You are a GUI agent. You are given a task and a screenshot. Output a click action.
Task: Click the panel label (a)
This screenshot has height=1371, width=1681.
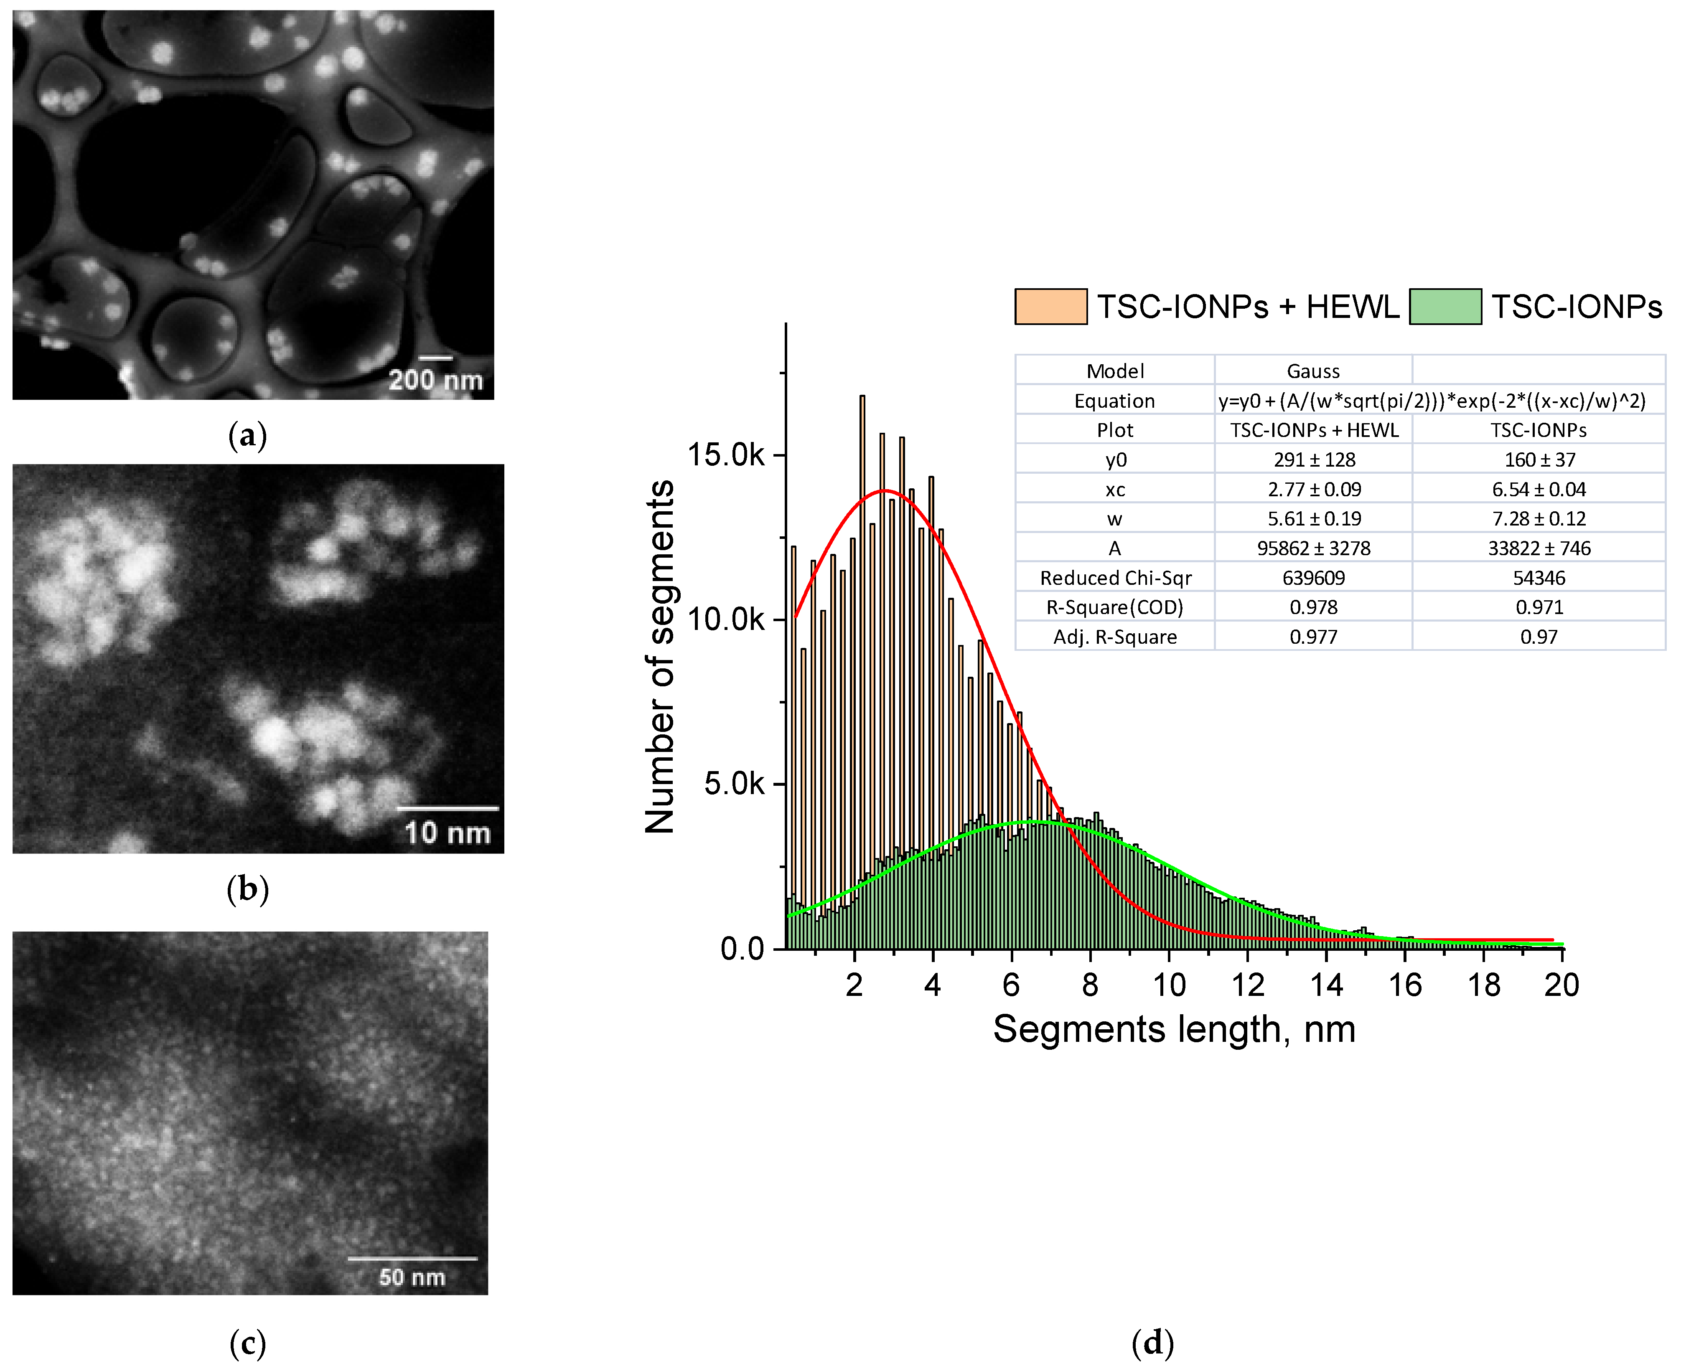point(247,436)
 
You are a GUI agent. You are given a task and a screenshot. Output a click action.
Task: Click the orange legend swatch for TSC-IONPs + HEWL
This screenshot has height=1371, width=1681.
point(1050,307)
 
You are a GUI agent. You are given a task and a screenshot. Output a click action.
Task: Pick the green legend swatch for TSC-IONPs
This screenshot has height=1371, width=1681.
point(1445,307)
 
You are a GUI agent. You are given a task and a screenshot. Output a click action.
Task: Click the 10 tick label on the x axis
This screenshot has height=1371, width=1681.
point(1169,985)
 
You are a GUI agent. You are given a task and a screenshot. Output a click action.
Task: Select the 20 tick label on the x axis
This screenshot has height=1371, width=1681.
point(1562,985)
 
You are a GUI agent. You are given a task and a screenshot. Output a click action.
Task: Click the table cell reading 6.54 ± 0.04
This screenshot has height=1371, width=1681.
point(1539,490)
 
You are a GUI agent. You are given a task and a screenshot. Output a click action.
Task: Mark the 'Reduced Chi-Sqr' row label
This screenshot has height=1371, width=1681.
point(1115,578)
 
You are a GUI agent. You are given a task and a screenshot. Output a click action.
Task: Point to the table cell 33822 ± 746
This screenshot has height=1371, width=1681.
point(1539,548)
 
